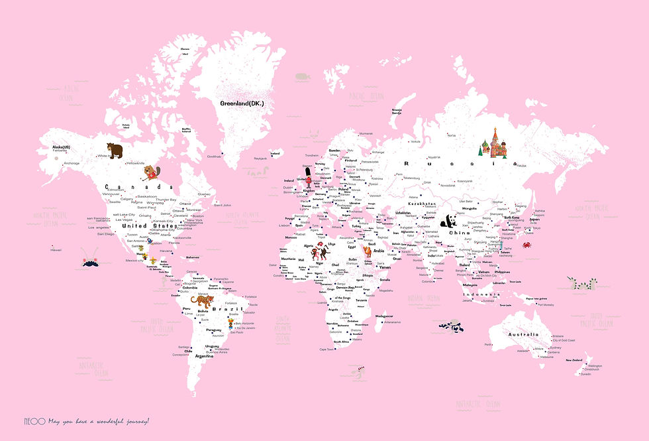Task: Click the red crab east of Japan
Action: click(x=526, y=246)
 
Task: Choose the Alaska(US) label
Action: click(x=62, y=147)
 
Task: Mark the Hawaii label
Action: click(x=56, y=250)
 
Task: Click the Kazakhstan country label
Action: click(x=422, y=204)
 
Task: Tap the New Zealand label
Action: click(x=574, y=360)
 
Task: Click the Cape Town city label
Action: click(x=326, y=349)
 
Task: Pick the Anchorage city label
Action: click(x=71, y=163)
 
